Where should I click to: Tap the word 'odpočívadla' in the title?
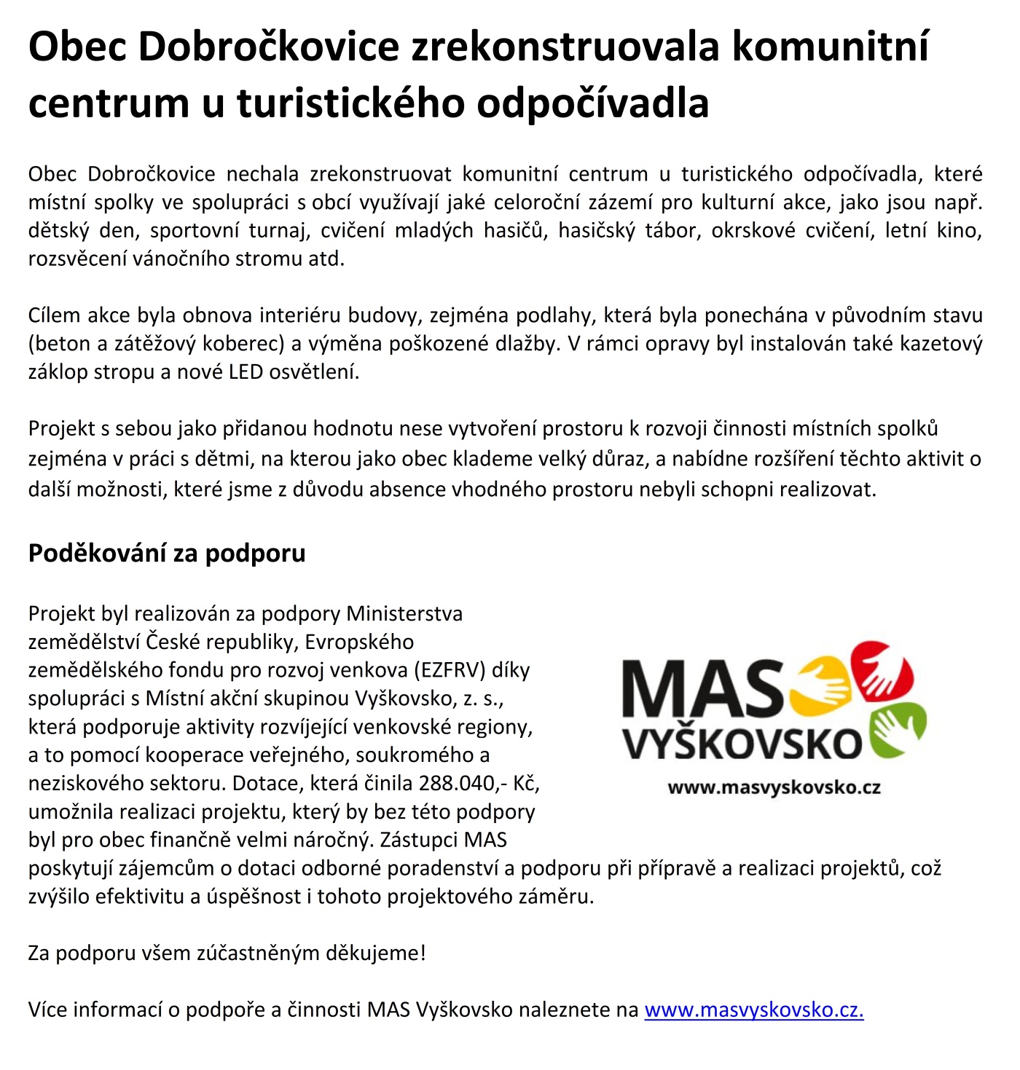(593, 103)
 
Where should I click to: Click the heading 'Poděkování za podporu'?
(167, 554)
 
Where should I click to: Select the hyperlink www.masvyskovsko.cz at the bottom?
(754, 1010)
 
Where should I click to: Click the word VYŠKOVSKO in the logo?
(742, 743)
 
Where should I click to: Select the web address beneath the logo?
(774, 787)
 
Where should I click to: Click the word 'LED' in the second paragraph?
(246, 372)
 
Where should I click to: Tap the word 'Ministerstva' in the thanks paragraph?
(404, 614)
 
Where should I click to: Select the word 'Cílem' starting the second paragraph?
(55, 315)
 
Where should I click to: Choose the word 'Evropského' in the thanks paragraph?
(359, 642)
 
